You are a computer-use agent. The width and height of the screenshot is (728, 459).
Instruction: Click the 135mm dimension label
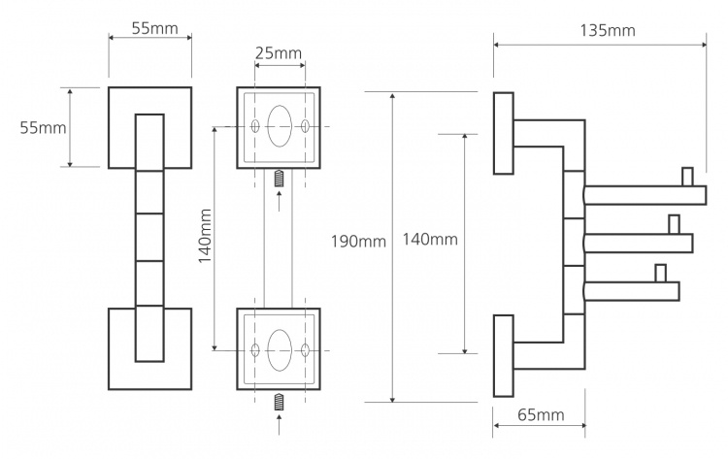pos(608,31)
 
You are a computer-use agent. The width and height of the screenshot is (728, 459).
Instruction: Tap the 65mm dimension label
pos(541,414)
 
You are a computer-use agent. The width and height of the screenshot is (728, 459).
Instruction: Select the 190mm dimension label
pos(358,242)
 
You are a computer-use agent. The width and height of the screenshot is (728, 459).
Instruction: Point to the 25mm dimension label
pos(279,53)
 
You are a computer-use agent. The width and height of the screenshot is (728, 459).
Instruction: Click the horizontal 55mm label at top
pos(154,28)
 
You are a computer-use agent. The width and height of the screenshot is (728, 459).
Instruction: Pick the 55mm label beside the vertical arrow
pos(43,128)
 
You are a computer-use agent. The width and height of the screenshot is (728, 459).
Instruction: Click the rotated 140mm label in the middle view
pos(205,236)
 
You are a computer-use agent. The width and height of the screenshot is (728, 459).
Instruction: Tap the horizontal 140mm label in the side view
pos(430,239)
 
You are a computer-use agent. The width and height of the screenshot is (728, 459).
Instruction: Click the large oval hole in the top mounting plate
pos(280,126)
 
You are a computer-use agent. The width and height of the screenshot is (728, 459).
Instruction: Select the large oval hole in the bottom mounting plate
pos(280,350)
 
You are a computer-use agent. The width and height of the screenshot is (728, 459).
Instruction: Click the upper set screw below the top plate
pos(279,179)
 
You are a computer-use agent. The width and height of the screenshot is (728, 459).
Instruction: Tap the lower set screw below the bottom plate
pos(279,402)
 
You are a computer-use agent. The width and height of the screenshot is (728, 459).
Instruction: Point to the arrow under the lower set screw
pos(279,425)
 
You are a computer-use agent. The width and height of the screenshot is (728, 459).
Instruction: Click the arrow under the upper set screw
pos(279,201)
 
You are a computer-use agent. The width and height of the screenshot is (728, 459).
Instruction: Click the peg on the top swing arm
pos(687,177)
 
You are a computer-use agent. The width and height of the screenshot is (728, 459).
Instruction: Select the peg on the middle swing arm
pos(675,224)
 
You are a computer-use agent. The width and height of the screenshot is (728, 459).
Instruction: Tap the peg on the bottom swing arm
pos(661,273)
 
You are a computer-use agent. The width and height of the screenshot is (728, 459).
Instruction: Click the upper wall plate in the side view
pos(503,134)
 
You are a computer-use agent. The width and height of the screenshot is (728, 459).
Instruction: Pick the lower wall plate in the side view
pos(503,356)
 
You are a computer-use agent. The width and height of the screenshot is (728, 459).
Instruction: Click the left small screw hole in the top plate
pos(255,126)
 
